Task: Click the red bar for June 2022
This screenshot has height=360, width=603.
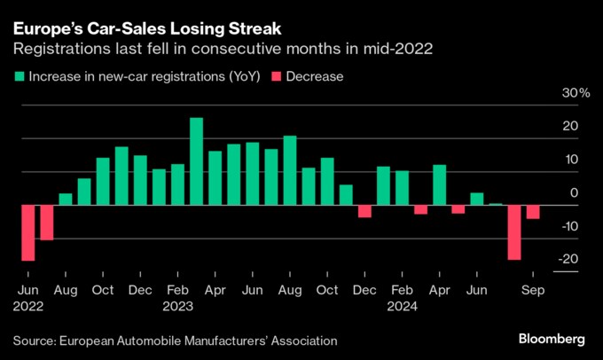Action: click(27, 232)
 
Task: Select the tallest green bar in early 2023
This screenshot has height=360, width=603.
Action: click(196, 161)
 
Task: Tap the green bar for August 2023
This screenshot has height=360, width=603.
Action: click(289, 170)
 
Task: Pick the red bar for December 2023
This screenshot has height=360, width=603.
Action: click(364, 211)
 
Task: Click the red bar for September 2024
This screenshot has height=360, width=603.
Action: click(533, 212)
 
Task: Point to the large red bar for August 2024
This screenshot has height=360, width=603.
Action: click(514, 232)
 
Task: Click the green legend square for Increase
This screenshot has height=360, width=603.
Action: click(19, 76)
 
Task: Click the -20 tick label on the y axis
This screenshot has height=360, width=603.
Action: click(576, 259)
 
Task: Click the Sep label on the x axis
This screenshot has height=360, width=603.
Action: click(533, 290)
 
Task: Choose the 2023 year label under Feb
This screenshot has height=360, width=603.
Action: click(177, 307)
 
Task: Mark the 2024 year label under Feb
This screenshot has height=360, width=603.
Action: click(402, 307)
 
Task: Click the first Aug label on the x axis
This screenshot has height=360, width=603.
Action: click(65, 290)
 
